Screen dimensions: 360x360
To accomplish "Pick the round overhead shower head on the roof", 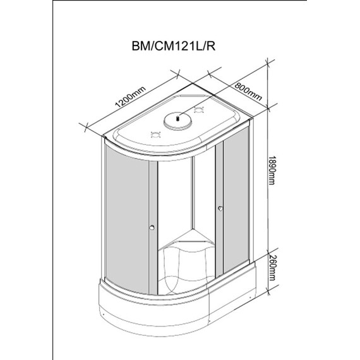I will pyautogui.click(x=177, y=117).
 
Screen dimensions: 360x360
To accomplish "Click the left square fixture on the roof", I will pyautogui.click(x=153, y=133).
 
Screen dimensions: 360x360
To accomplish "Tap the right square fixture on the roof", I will pyautogui.click(x=201, y=112).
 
